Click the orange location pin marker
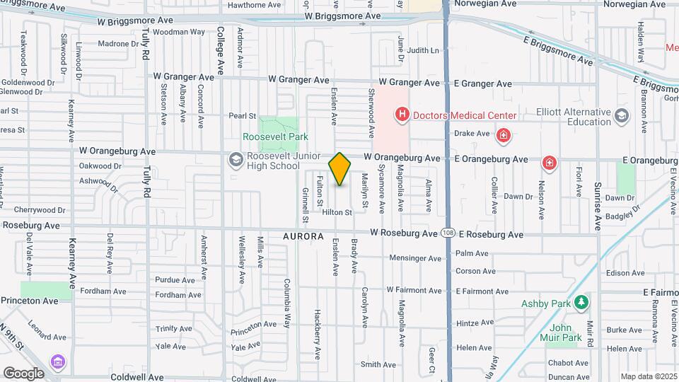pos(339,169)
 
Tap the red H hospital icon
pos(402,115)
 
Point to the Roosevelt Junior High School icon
pos(235,161)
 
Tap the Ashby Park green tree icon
pos(581,303)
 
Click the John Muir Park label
pos(566,332)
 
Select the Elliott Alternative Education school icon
pos(621,115)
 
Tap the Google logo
pos(23,373)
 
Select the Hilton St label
pos(337,212)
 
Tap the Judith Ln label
pos(423,51)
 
